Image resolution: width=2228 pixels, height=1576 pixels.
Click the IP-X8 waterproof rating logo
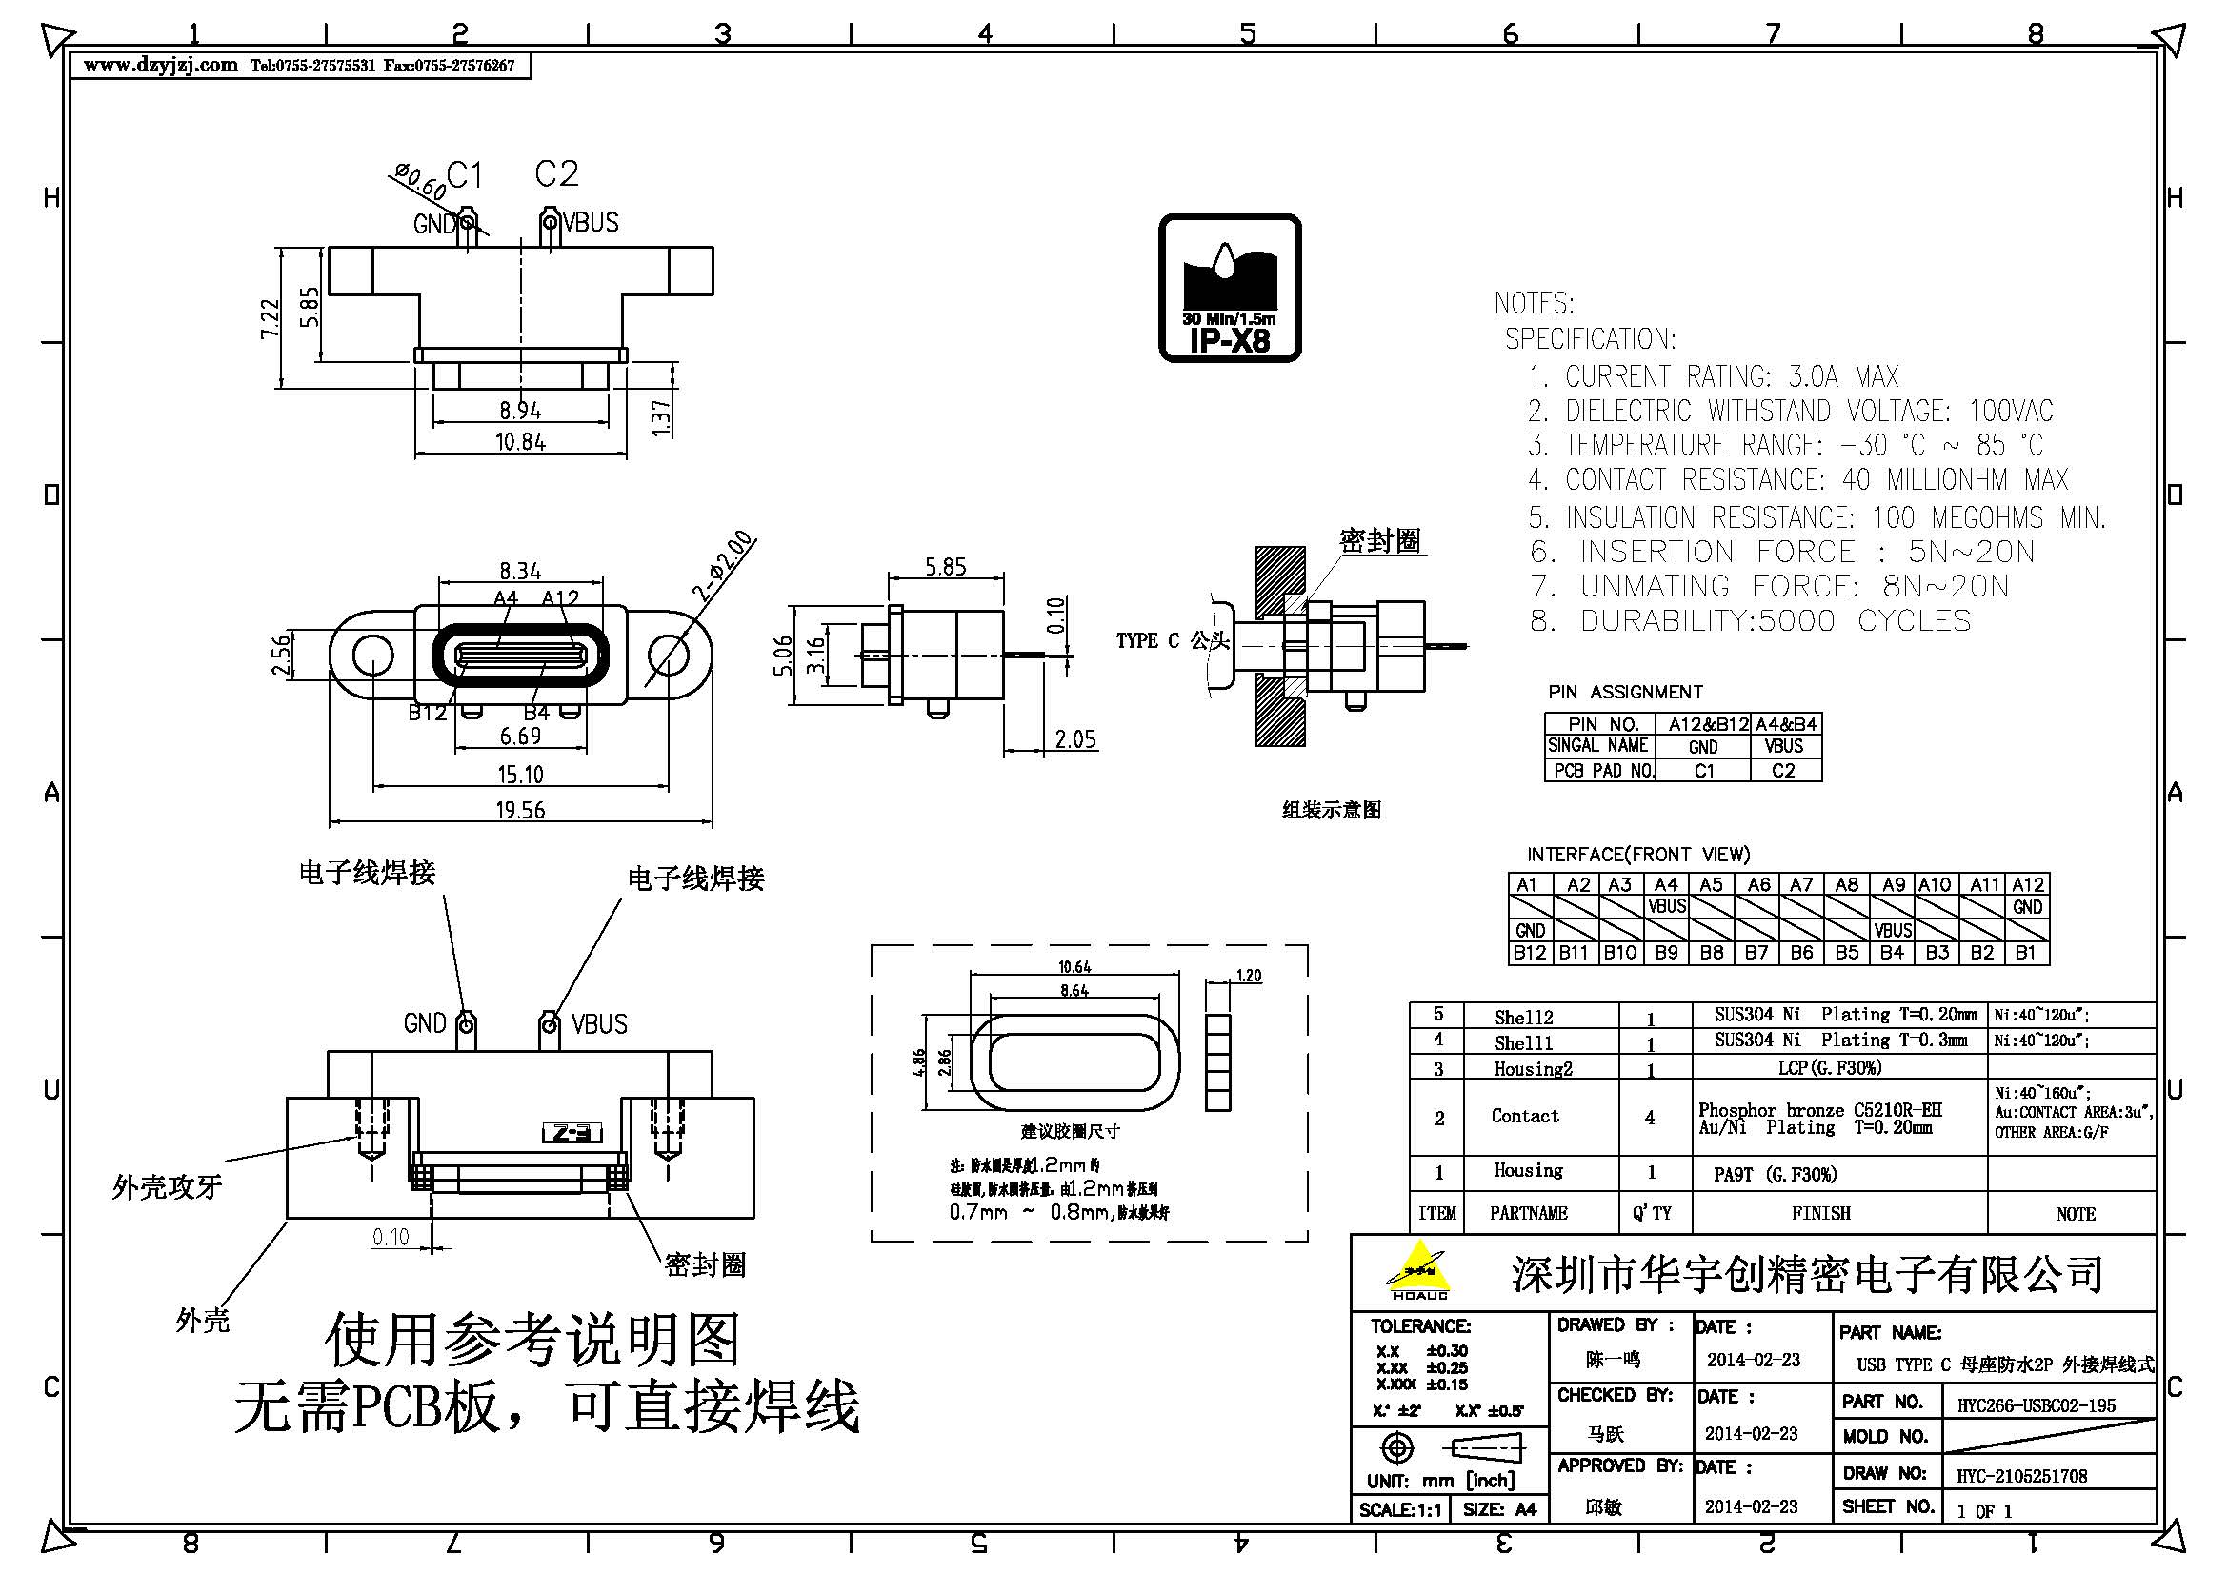(1229, 288)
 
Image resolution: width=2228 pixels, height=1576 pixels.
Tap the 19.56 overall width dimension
(520, 809)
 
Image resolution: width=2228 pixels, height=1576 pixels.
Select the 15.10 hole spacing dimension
(520, 775)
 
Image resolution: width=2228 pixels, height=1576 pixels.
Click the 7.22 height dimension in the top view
(271, 317)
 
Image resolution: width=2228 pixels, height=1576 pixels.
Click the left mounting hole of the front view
(371, 655)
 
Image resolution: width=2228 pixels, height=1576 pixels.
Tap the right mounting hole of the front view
(668, 655)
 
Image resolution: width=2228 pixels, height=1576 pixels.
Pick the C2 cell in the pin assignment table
(1783, 771)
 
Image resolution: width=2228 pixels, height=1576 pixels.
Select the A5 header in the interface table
(1711, 884)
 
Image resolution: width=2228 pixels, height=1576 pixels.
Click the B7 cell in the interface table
(1756, 952)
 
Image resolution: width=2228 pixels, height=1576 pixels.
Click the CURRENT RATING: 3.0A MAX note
(1713, 376)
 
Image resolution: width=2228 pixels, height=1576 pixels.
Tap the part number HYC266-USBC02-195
(2035, 1404)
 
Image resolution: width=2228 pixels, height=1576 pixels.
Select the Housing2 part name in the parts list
(1533, 1068)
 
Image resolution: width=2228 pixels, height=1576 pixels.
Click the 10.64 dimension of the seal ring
(1074, 966)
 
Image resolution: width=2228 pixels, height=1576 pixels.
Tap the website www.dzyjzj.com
(160, 65)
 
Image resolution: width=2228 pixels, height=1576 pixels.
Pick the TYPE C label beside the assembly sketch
(1147, 640)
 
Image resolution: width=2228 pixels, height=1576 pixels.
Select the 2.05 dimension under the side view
(1075, 739)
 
